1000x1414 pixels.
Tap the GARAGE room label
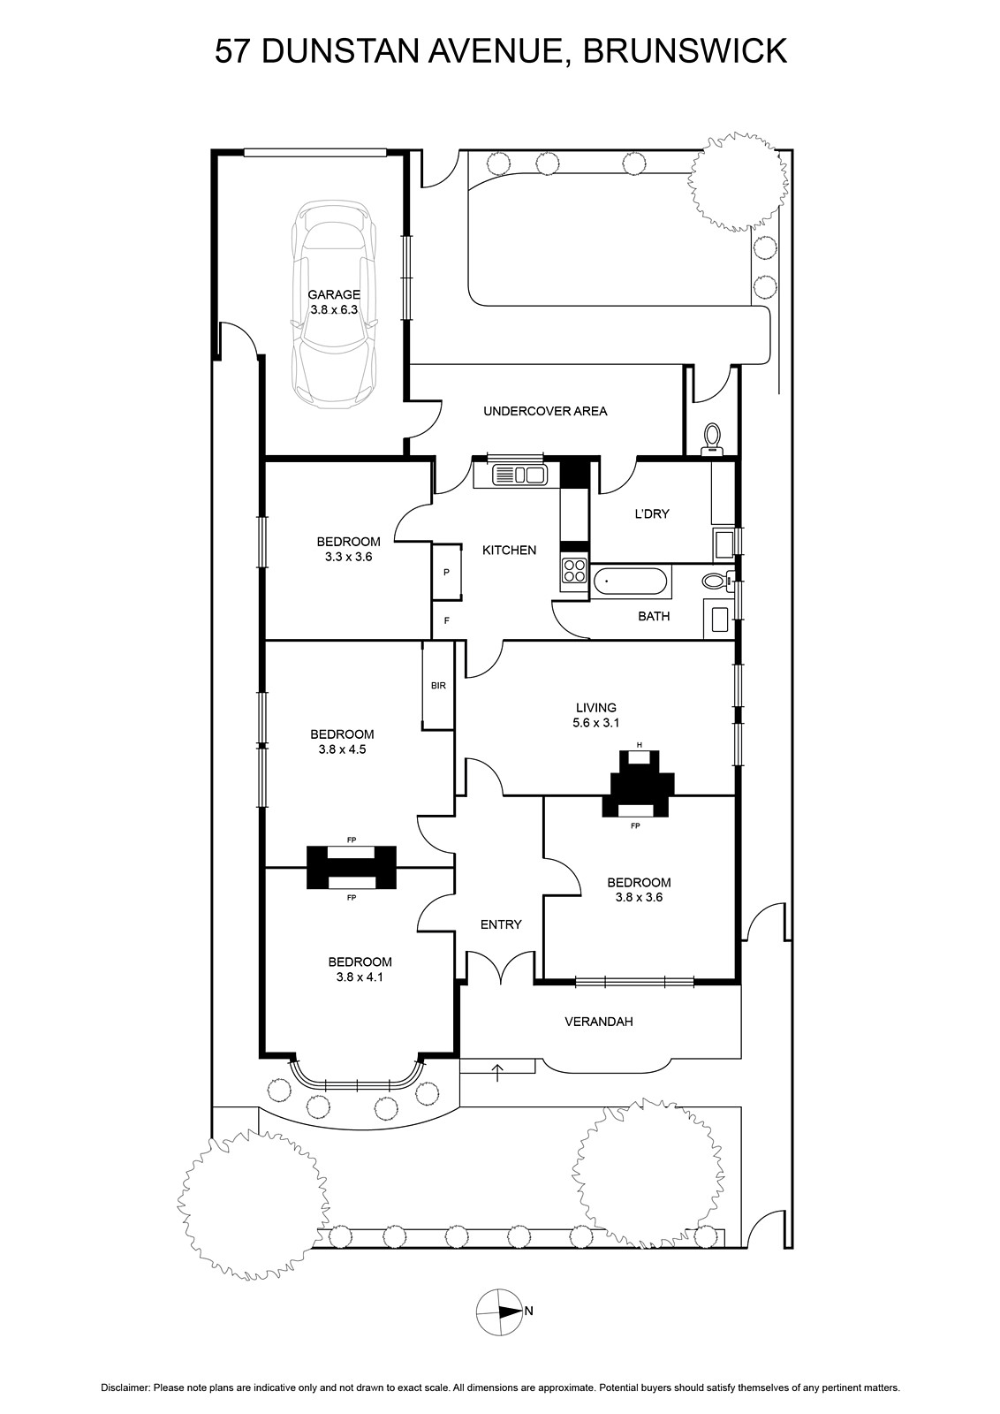[x=333, y=295]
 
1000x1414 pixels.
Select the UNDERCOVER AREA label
[x=545, y=411]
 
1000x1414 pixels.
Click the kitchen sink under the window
[x=511, y=475]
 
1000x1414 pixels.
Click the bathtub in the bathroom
[x=630, y=582]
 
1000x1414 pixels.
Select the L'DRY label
[x=652, y=514]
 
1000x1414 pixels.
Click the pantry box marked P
[x=447, y=573]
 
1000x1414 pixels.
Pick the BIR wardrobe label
[x=438, y=686]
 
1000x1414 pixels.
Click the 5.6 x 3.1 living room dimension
[x=595, y=723]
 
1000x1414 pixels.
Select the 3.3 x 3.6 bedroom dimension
[x=348, y=558]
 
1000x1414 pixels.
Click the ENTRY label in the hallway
[x=501, y=924]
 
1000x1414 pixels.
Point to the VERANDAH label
[x=599, y=1022]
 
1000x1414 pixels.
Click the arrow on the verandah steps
[x=497, y=1072]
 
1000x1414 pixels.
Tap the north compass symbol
[x=499, y=1312]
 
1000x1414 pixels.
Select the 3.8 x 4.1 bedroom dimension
[x=360, y=977]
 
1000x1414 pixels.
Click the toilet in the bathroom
[x=715, y=582]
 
